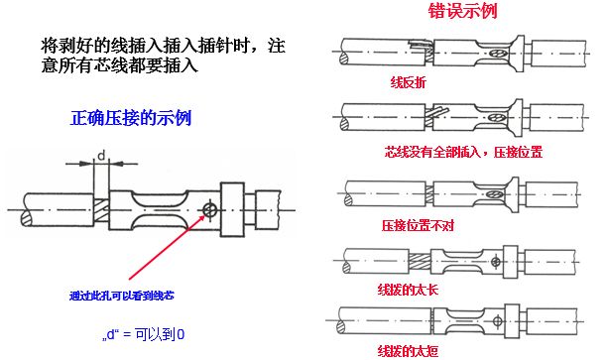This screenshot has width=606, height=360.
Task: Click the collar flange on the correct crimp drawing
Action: click(232, 210)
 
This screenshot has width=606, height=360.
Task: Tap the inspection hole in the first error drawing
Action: click(502, 54)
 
